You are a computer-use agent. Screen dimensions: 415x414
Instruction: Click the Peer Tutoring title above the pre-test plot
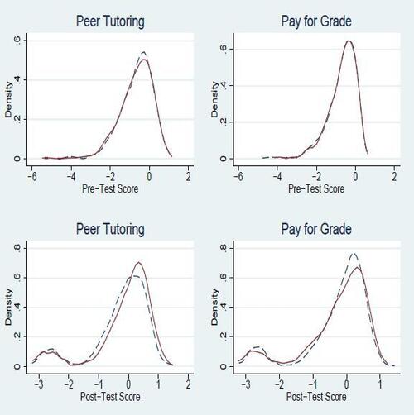(x=111, y=20)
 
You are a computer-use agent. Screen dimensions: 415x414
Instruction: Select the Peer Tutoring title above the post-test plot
(x=111, y=228)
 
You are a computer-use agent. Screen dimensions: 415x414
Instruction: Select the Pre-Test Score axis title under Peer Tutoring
(x=111, y=189)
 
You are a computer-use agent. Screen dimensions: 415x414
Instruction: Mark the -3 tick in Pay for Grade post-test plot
(x=244, y=385)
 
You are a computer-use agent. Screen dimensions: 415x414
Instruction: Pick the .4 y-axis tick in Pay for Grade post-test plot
(x=219, y=307)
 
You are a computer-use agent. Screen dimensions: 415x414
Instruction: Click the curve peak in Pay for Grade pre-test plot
(x=349, y=41)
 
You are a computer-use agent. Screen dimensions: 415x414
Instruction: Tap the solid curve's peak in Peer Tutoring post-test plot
(x=139, y=263)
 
